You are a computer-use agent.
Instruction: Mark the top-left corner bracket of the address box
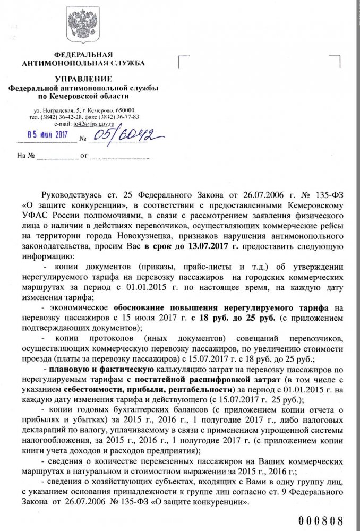click(x=181, y=58)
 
